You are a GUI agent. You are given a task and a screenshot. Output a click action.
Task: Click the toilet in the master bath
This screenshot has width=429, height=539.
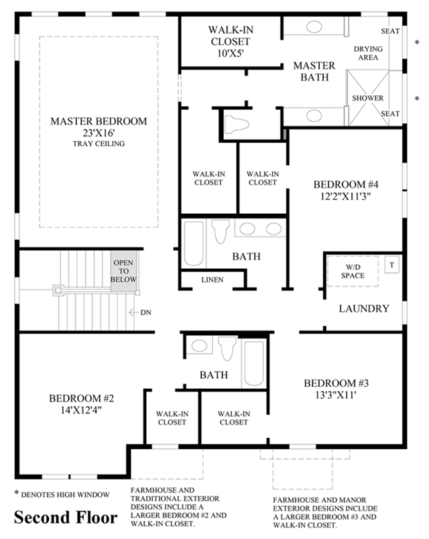point(236,124)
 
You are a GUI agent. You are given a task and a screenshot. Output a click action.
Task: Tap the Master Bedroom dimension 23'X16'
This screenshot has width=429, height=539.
point(99,133)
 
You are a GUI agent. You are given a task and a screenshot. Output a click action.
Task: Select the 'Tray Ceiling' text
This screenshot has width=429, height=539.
point(99,143)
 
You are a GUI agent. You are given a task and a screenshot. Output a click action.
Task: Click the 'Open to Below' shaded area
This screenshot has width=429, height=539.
point(123,272)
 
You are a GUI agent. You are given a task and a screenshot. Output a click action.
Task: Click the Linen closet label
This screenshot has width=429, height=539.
point(212,280)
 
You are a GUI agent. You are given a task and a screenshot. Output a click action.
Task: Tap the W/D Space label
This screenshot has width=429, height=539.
point(353,272)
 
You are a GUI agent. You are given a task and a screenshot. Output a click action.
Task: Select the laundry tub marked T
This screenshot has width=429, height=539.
point(391,265)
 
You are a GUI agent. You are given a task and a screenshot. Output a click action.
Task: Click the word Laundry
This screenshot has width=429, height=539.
point(364,308)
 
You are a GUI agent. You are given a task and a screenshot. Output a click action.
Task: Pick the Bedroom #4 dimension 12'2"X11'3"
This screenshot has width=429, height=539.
point(346,196)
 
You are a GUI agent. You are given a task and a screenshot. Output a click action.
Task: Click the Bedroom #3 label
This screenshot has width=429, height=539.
point(336,383)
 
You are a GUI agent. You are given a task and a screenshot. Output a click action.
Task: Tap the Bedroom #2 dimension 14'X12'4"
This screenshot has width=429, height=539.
point(81,410)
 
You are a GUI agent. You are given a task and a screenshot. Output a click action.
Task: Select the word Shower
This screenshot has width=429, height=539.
point(367,98)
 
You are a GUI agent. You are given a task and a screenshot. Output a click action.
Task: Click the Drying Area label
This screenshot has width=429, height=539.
point(368,53)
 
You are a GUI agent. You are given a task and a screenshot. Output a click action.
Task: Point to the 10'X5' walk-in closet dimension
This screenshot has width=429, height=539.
point(231,54)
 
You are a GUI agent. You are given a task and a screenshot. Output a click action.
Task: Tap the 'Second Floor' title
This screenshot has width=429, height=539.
point(66,518)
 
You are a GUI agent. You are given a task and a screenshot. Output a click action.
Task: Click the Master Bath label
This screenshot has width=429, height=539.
point(314,71)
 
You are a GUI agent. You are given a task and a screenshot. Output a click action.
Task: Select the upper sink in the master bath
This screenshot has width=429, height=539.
point(314,26)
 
